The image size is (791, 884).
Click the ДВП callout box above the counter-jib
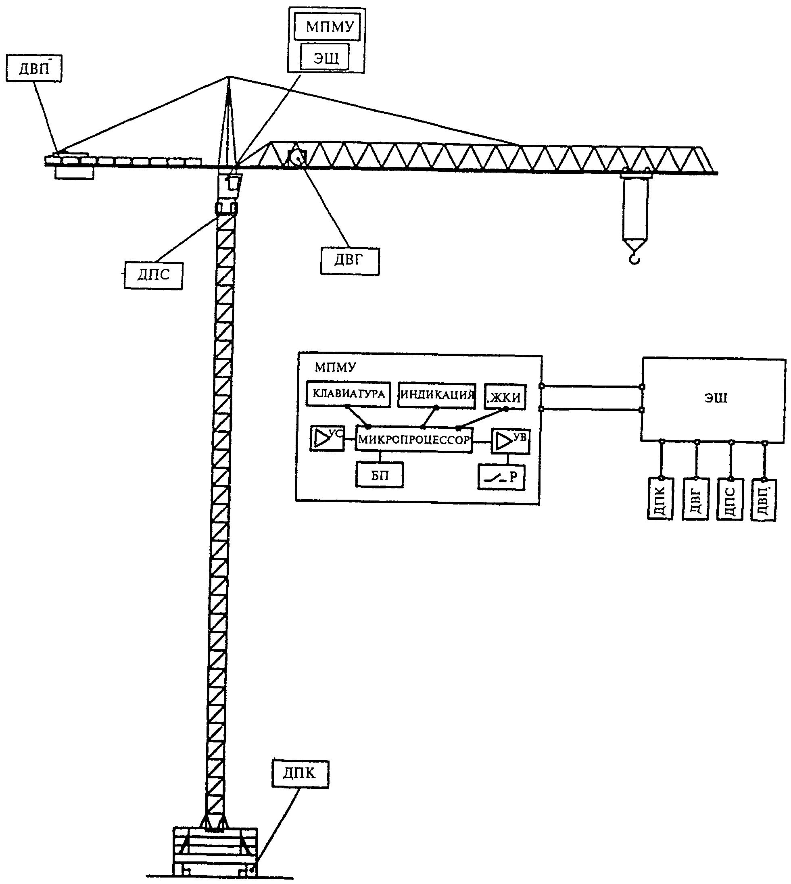[34, 68]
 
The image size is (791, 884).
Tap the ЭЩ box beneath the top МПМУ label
[325, 57]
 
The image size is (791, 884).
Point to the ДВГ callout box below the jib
[350, 261]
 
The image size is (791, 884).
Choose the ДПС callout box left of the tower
[153, 275]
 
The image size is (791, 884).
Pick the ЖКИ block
[505, 397]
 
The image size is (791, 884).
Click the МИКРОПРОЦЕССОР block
[414, 440]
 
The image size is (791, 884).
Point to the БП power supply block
[380, 475]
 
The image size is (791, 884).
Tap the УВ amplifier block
[511, 442]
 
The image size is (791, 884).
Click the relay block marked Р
[501, 477]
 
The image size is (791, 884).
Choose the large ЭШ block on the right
[713, 399]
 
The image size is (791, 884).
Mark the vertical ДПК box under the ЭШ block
[660, 498]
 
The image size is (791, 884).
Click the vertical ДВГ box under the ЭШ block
[696, 499]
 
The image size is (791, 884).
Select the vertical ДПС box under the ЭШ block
[730, 499]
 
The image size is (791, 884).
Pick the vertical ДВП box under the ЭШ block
[764, 500]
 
